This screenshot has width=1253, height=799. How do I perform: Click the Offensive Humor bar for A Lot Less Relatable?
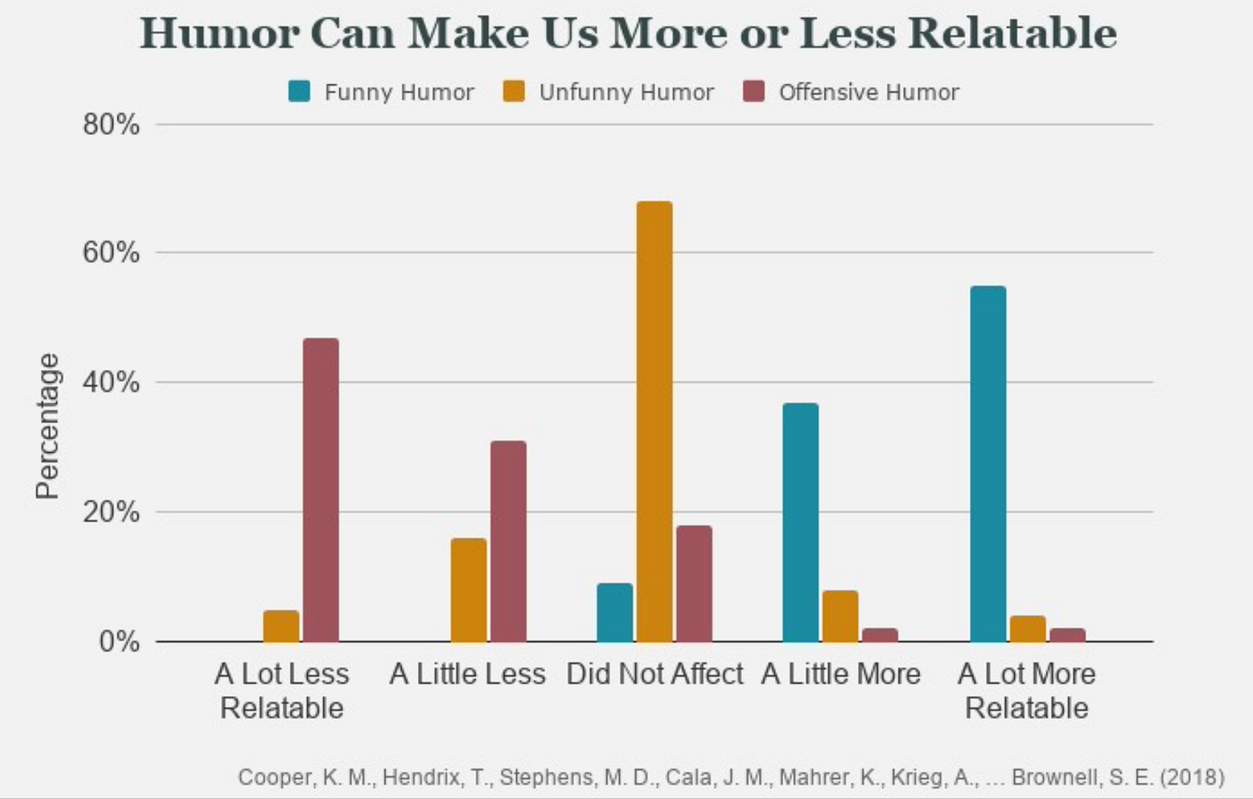(320, 490)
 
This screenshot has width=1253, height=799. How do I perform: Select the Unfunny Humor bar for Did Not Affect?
(654, 421)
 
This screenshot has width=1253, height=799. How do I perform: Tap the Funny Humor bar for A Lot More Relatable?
(988, 463)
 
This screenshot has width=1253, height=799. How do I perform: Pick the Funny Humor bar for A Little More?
(800, 523)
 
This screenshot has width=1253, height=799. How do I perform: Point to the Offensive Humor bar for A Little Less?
(508, 541)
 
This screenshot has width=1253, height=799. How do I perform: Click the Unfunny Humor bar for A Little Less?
(468, 590)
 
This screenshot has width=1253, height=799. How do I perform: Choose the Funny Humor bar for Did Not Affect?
(615, 613)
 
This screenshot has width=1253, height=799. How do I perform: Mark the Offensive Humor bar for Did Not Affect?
(694, 583)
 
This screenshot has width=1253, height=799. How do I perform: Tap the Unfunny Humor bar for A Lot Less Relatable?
(281, 626)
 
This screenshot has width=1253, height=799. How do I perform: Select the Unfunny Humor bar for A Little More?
(840, 616)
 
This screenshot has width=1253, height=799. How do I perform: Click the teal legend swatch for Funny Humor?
(300, 91)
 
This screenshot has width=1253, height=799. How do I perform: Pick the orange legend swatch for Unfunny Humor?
(514, 91)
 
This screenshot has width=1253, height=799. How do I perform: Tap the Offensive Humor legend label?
(868, 92)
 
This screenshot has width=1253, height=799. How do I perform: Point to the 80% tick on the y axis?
(112, 124)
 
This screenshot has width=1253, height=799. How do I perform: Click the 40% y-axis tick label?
(112, 383)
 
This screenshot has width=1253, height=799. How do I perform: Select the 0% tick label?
(119, 642)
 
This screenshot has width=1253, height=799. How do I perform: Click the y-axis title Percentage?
(47, 426)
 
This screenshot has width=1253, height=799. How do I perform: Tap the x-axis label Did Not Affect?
(654, 674)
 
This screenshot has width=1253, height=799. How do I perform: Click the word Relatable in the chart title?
(1012, 33)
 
